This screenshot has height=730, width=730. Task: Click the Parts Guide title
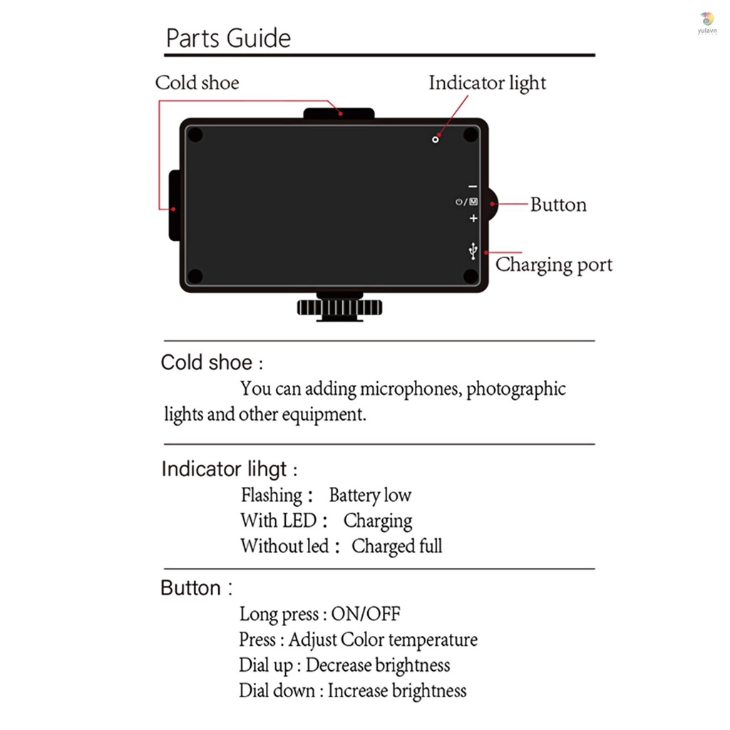(228, 38)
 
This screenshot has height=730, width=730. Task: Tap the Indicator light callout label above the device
(487, 83)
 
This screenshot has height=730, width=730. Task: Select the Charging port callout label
(553, 265)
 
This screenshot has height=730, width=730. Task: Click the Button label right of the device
(558, 205)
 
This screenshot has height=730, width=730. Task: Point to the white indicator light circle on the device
(436, 140)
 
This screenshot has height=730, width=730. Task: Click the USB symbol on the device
(473, 251)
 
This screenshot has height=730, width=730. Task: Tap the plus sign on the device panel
(473, 218)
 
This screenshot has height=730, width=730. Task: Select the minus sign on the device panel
(473, 187)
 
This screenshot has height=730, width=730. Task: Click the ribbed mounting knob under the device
(340, 308)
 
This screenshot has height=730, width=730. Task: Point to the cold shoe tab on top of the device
(339, 113)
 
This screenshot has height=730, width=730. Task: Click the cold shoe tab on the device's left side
(174, 205)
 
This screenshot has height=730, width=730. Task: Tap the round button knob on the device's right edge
(493, 205)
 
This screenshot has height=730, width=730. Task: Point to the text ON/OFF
(366, 614)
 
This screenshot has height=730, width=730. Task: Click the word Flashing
(272, 495)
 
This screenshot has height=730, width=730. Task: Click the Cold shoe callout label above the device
(197, 83)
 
